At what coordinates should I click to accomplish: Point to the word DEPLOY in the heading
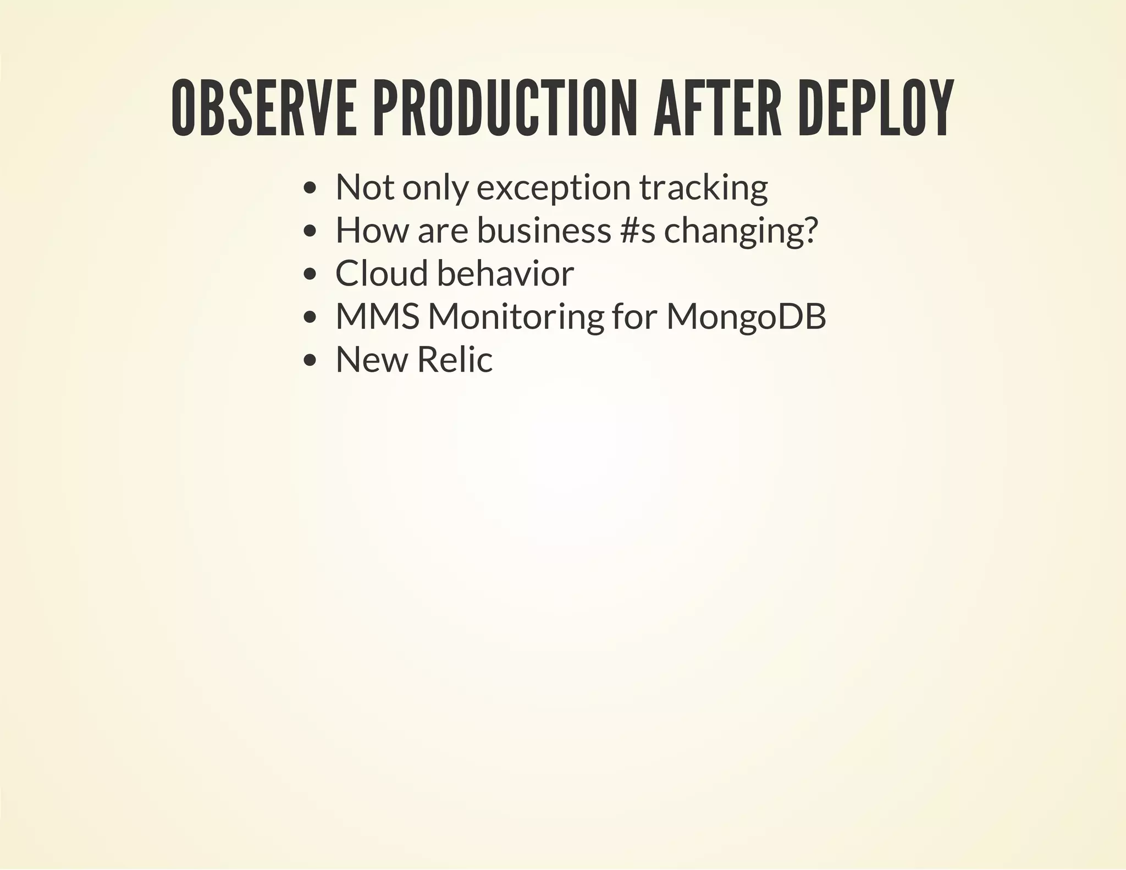pyautogui.click(x=875, y=108)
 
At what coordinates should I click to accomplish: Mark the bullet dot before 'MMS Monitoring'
pyautogui.click(x=310, y=317)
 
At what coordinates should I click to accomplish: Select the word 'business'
pyautogui.click(x=544, y=231)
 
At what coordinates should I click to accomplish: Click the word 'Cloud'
pyautogui.click(x=381, y=274)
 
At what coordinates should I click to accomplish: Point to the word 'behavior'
pyautogui.click(x=505, y=274)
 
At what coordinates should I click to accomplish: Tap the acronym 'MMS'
pyautogui.click(x=378, y=317)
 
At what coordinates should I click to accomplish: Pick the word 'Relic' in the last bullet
pyautogui.click(x=455, y=360)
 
